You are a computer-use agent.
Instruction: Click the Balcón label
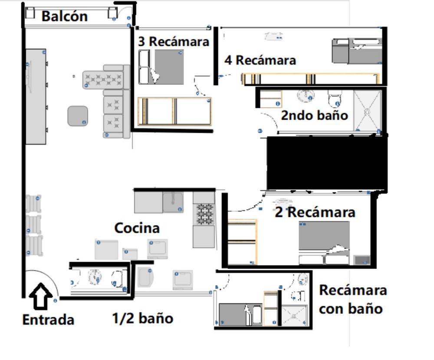pos(65,17)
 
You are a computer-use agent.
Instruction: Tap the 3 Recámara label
pos(174,42)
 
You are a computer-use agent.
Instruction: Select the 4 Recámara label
pos(260,60)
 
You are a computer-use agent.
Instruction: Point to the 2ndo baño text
pos(314,115)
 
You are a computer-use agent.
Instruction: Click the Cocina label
pos(137,228)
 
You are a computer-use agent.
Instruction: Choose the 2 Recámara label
pos(315,212)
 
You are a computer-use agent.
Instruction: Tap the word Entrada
pos(48,320)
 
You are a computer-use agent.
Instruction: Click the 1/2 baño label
pos(142,318)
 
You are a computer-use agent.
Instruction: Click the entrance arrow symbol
pos(41,296)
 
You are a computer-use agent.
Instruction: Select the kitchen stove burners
pos(205,214)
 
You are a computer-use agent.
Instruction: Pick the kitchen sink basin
pos(173,202)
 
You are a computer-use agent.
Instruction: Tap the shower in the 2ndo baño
pos(367,111)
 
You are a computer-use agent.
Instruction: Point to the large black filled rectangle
pos(327,163)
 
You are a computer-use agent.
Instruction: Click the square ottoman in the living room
pos(78,116)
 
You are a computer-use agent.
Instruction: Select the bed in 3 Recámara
pos(161,67)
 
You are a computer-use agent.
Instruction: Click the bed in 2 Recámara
pos(324,243)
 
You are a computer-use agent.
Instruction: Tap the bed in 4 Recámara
pos(357,51)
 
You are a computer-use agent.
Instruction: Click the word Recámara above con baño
pos(353,290)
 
